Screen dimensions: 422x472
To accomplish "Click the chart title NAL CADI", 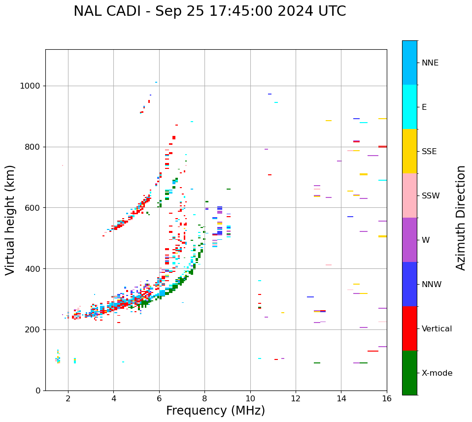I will [209, 11].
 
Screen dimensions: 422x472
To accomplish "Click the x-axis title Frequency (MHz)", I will [215, 411].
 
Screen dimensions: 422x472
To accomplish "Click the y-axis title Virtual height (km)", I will [10, 220].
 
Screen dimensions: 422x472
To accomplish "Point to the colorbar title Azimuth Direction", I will [461, 218].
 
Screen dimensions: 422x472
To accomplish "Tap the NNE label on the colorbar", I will [430, 63].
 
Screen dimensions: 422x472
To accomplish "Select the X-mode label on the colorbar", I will [437, 373].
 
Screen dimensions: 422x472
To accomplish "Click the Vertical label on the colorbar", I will [437, 329].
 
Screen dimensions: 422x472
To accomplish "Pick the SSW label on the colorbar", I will [431, 196].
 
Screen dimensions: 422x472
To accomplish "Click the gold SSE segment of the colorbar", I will [409, 151].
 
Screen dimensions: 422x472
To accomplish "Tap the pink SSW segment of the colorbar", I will [409, 195].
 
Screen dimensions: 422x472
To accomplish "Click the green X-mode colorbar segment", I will [409, 373].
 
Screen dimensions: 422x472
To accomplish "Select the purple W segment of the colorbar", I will [409, 240].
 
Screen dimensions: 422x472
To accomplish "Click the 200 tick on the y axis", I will [34, 330].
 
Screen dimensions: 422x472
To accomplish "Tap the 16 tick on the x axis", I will [387, 398].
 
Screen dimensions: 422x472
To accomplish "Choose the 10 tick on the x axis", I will [250, 398].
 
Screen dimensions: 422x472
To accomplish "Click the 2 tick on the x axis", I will [68, 398].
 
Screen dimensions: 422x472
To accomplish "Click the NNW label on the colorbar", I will [432, 285].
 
